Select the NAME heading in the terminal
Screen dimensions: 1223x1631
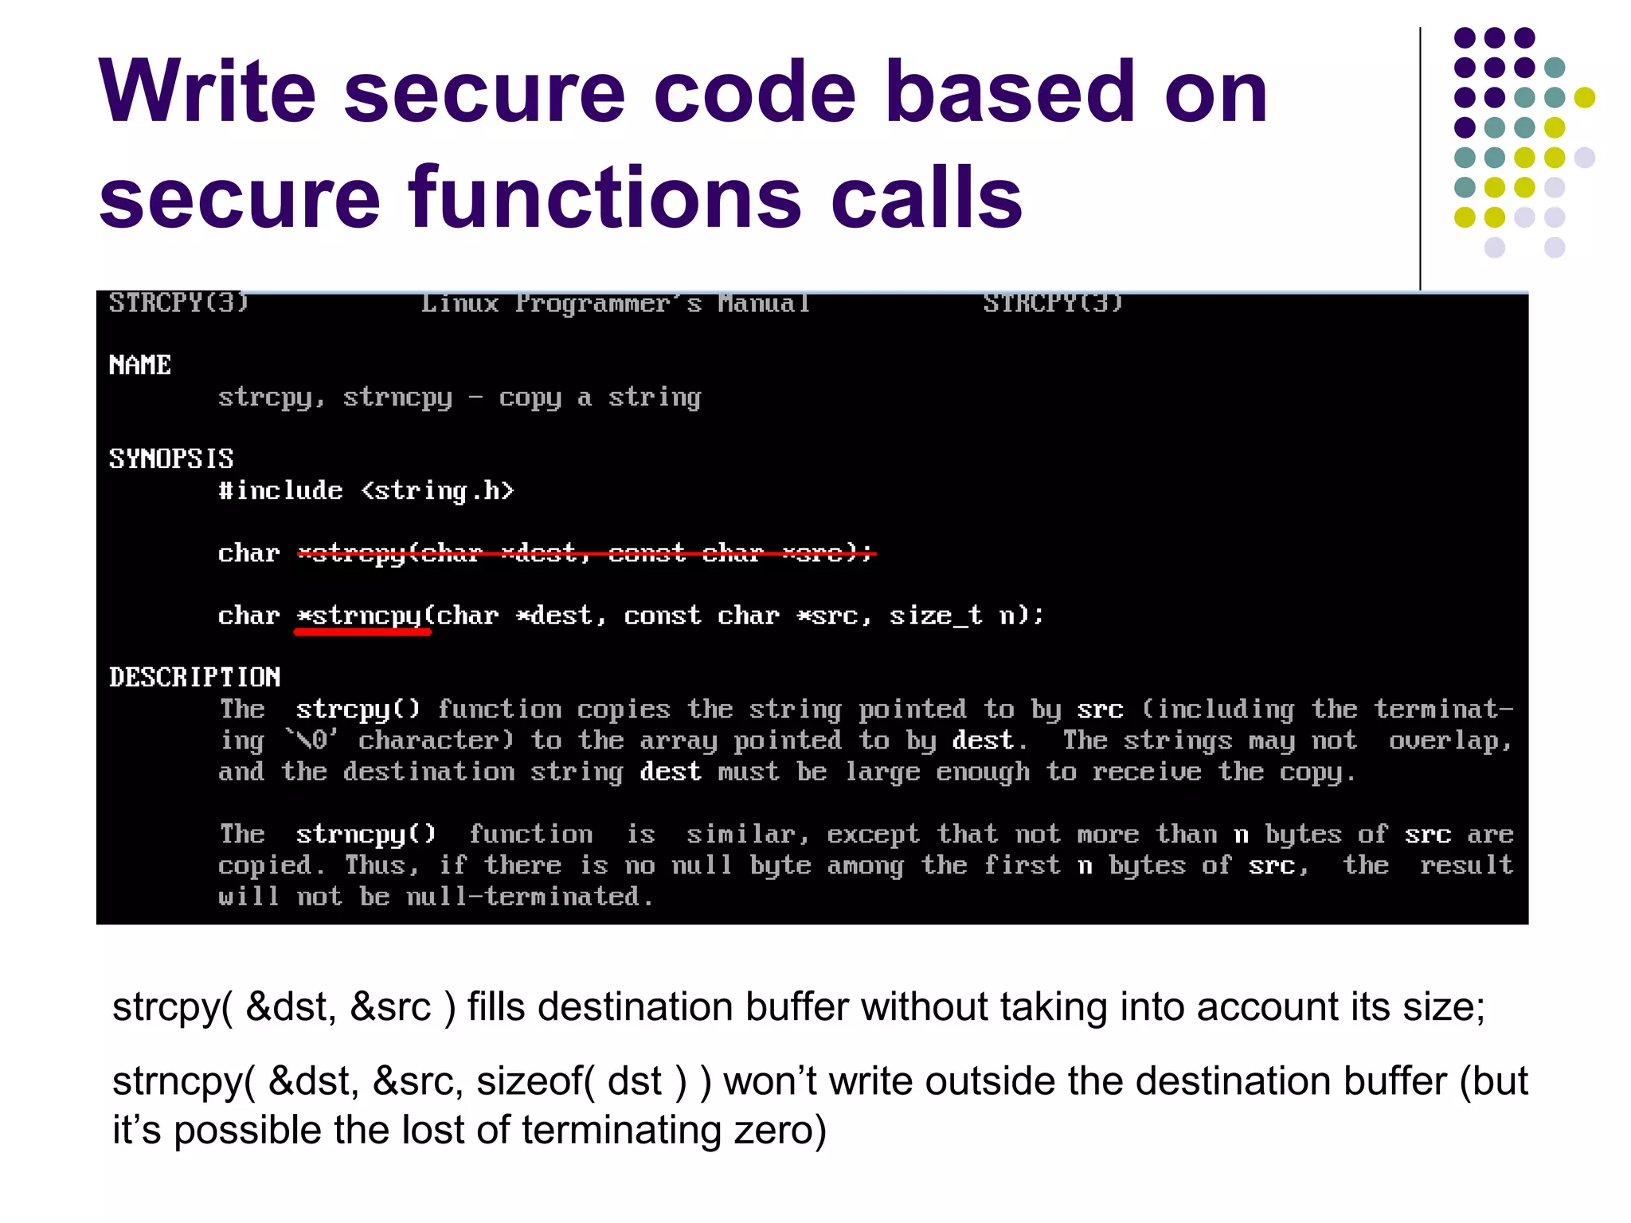(x=140, y=365)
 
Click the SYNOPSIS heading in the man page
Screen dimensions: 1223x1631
(x=171, y=459)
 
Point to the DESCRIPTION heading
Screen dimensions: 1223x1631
(x=195, y=678)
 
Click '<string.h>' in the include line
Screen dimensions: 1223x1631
(x=438, y=490)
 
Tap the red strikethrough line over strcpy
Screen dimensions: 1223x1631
(x=587, y=553)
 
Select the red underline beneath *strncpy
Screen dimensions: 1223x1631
(x=362, y=632)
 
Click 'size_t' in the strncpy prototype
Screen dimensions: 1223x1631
(x=936, y=615)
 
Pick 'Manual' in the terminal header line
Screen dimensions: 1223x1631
(x=764, y=303)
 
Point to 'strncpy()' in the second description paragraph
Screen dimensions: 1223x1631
(x=366, y=834)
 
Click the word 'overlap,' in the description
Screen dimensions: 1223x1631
(x=1450, y=740)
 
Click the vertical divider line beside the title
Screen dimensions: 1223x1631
(x=1420, y=159)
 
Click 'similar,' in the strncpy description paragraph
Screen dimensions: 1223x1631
(x=748, y=834)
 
